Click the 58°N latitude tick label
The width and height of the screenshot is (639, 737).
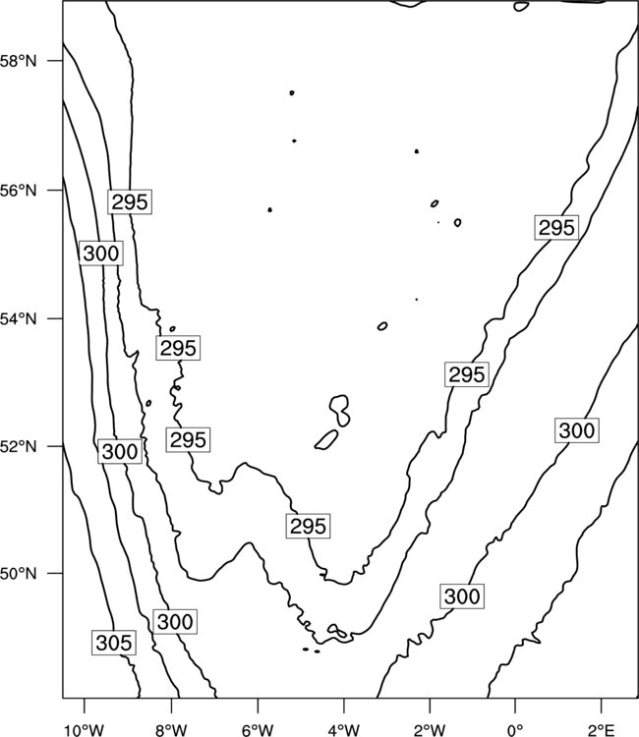19,61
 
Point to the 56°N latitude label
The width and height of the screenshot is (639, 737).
19,191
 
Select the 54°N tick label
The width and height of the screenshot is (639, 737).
19,319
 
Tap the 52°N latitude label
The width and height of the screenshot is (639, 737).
19,446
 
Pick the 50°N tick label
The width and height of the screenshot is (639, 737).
19,574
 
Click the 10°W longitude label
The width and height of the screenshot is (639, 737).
85,729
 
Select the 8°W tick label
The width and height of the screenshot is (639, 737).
171,729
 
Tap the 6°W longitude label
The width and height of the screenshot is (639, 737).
258,729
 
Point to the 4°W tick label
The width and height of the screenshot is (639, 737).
344,729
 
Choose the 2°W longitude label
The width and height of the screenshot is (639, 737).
430,729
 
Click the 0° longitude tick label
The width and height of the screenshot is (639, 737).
515,729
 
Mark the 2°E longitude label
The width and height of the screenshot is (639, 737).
602,729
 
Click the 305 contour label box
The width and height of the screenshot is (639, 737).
114,643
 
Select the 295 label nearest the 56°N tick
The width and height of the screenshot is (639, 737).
130,201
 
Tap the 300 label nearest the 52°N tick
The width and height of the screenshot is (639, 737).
120,451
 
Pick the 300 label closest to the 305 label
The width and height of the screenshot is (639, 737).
175,621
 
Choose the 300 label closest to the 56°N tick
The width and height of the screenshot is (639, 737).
100,254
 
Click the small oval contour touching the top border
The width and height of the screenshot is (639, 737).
521,7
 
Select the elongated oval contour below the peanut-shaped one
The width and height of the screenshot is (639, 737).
326,439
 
